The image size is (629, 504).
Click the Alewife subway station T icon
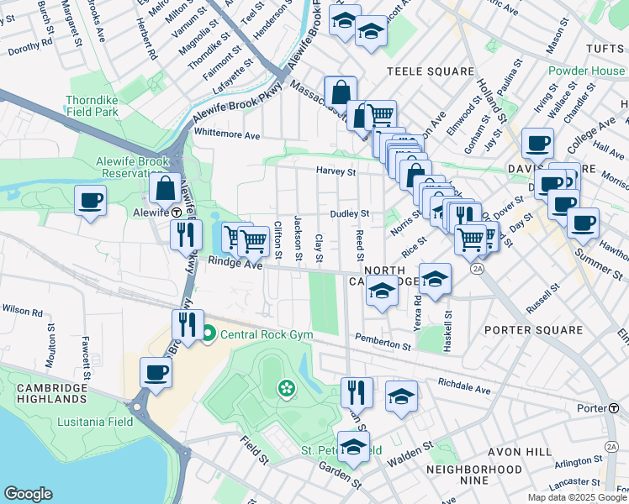[177, 213]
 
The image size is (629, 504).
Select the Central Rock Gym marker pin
[208, 335]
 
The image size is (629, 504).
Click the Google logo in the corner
[29, 494]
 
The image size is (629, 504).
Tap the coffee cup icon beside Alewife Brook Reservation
[90, 202]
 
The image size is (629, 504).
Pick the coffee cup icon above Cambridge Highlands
[156, 372]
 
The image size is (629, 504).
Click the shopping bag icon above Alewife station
[166, 188]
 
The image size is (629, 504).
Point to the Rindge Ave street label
[235, 265]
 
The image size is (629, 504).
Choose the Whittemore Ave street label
[226, 132]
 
